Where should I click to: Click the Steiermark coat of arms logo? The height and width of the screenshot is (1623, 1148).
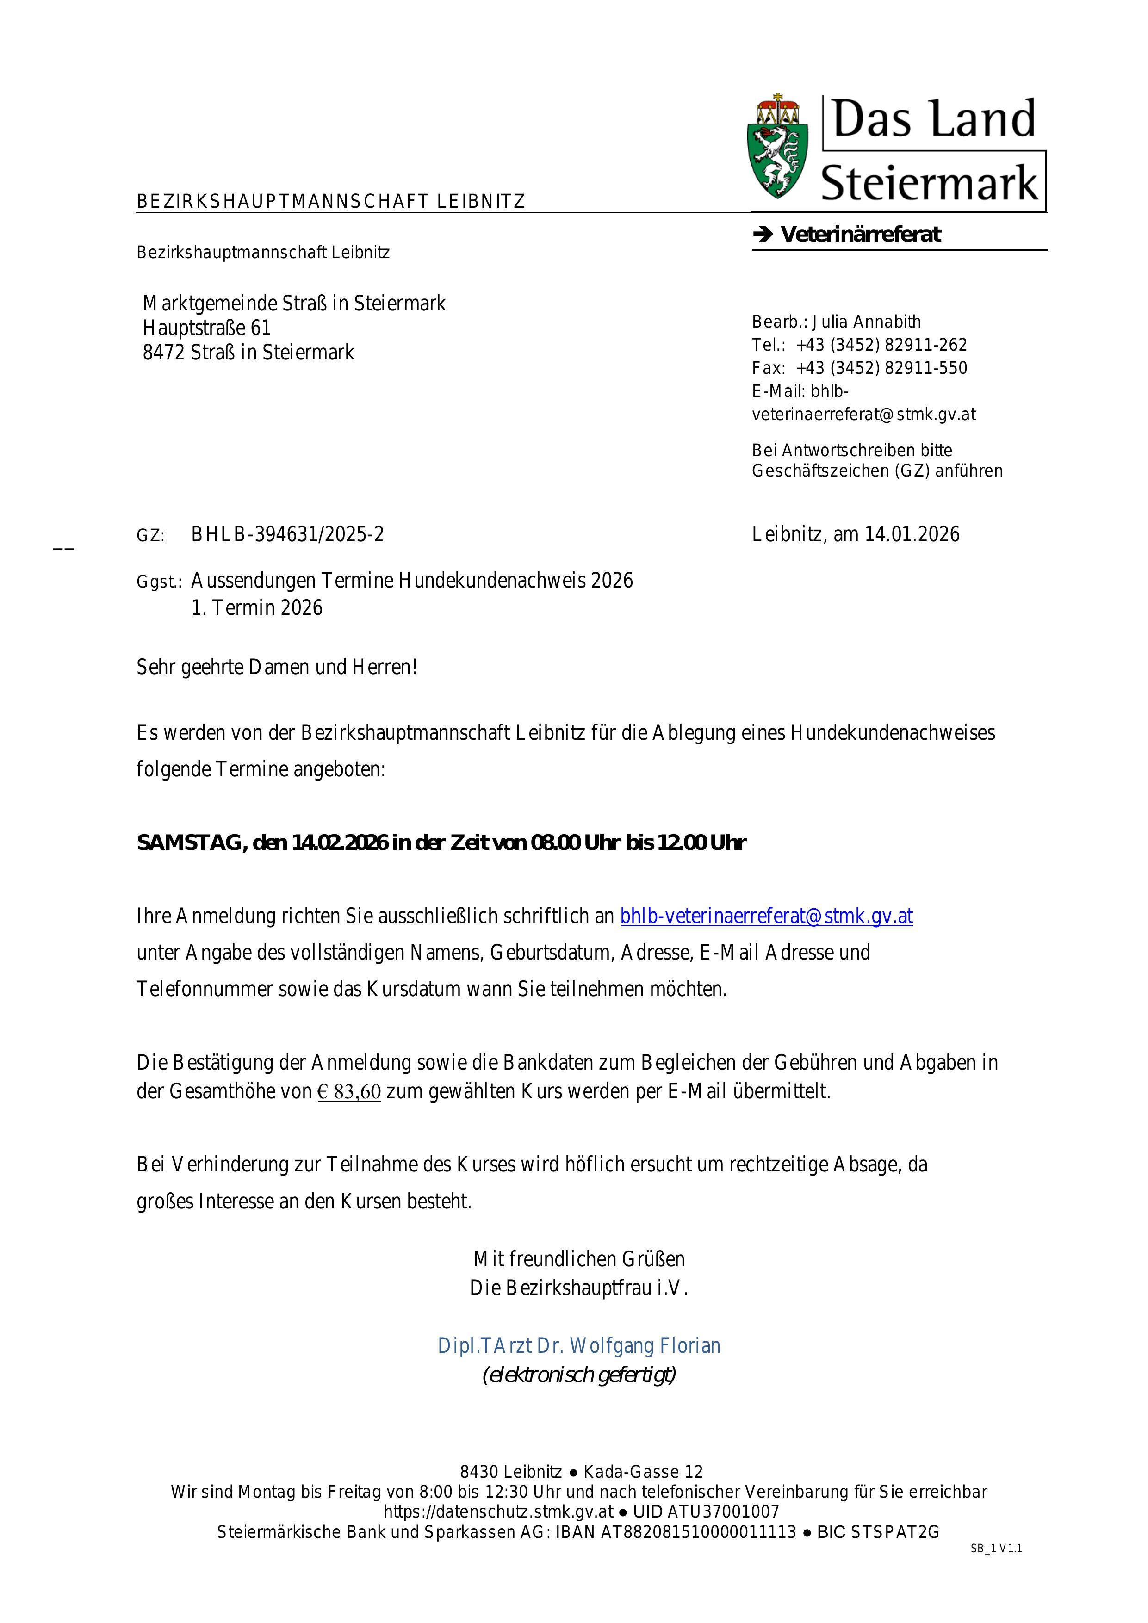[x=777, y=147]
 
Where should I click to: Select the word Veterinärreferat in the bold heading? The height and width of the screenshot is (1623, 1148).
[x=860, y=235]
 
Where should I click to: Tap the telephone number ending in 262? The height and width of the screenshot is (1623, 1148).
[x=881, y=345]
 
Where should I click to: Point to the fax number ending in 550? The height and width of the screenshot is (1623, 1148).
[x=881, y=367]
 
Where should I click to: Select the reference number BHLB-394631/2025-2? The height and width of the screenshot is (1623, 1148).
[x=288, y=534]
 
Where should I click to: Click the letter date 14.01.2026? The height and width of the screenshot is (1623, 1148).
[x=912, y=534]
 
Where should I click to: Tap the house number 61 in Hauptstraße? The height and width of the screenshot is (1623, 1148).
[x=261, y=328]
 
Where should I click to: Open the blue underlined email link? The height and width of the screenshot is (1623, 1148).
[x=766, y=916]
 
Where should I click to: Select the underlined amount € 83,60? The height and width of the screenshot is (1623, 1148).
[x=349, y=1092]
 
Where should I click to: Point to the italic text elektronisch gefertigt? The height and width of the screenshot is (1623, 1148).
[x=579, y=1375]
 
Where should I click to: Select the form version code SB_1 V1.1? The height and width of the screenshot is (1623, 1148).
[x=996, y=1549]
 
